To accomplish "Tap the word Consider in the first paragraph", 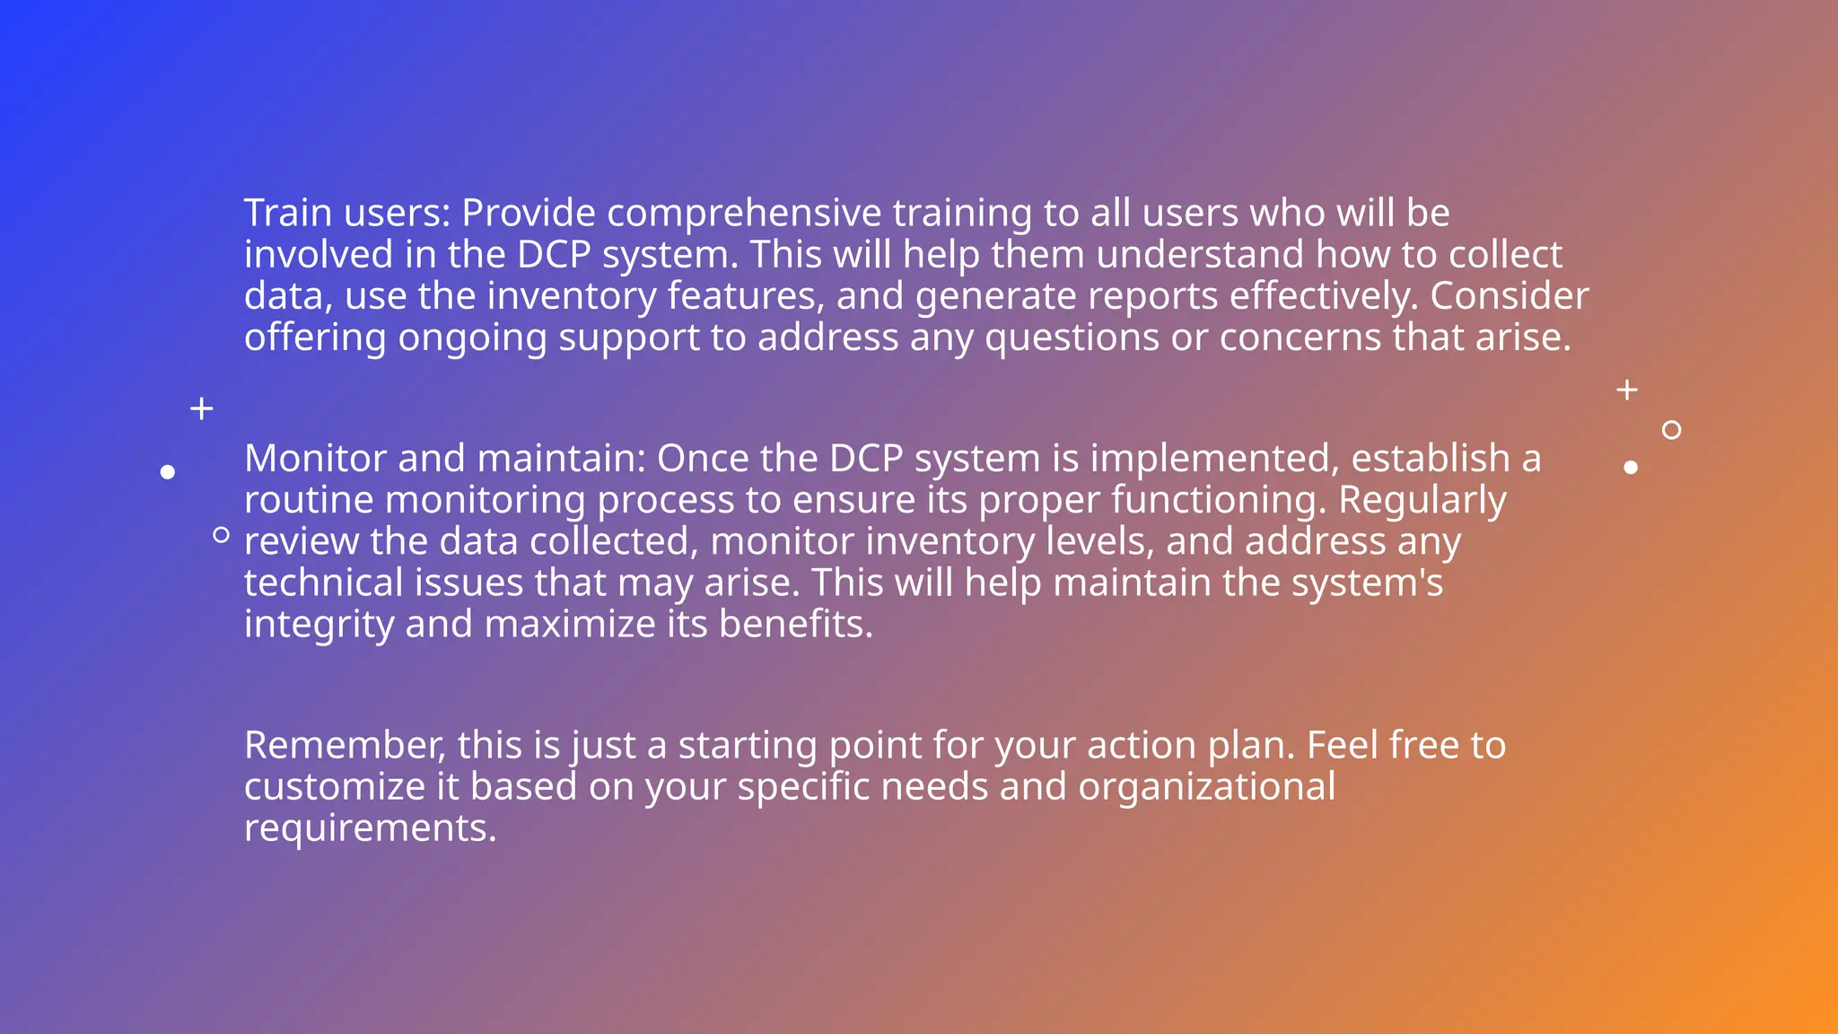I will (x=1509, y=296).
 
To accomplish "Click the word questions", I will (x=1072, y=338).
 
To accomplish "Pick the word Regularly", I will (x=1422, y=500).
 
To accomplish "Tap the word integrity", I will (x=319, y=625).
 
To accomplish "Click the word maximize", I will (x=570, y=624).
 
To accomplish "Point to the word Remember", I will (x=345, y=745).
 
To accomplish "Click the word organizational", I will (x=1206, y=786).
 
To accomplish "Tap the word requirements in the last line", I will (x=370, y=828).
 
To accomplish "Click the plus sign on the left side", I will (x=202, y=408).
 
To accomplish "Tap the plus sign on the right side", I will (x=1626, y=390).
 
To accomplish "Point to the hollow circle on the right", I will (x=1671, y=430).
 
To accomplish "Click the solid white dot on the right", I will (x=1631, y=467).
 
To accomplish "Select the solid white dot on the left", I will (x=167, y=471).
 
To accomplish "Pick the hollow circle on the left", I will (x=221, y=535).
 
